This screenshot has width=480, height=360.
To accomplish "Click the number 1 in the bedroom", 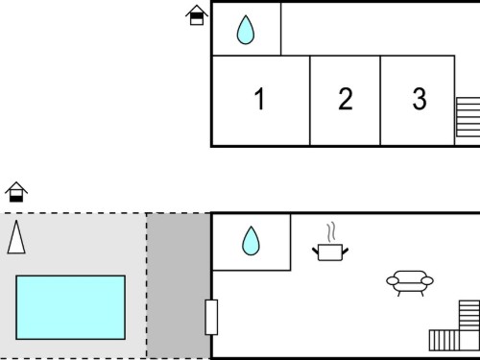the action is click(260, 99).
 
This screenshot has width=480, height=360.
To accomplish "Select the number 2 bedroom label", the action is click(346, 99).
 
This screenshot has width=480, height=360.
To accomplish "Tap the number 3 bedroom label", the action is click(420, 99).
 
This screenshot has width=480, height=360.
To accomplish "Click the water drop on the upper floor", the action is click(246, 30).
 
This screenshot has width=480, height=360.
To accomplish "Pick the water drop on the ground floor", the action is click(251, 241).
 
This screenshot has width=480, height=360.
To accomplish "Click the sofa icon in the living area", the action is click(410, 283).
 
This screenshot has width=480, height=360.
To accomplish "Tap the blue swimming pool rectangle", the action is click(70, 307).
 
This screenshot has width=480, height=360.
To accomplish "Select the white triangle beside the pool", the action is click(16, 237).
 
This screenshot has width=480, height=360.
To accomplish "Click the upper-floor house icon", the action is click(197, 15).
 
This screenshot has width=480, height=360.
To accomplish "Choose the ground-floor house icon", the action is click(16, 192).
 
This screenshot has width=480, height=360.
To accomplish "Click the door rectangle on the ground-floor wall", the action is click(211, 317).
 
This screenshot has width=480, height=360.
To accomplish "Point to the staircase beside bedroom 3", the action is click(468, 117).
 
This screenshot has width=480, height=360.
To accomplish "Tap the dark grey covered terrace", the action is click(179, 286).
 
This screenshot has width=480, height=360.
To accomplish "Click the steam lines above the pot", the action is click(331, 232).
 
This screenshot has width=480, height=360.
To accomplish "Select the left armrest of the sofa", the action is click(393, 281).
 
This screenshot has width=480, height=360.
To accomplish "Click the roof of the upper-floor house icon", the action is click(197, 11).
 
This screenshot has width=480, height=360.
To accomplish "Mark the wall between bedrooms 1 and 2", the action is click(310, 101).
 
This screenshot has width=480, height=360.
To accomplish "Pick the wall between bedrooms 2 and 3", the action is click(380, 101).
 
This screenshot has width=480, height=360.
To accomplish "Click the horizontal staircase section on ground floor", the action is click(444, 341).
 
